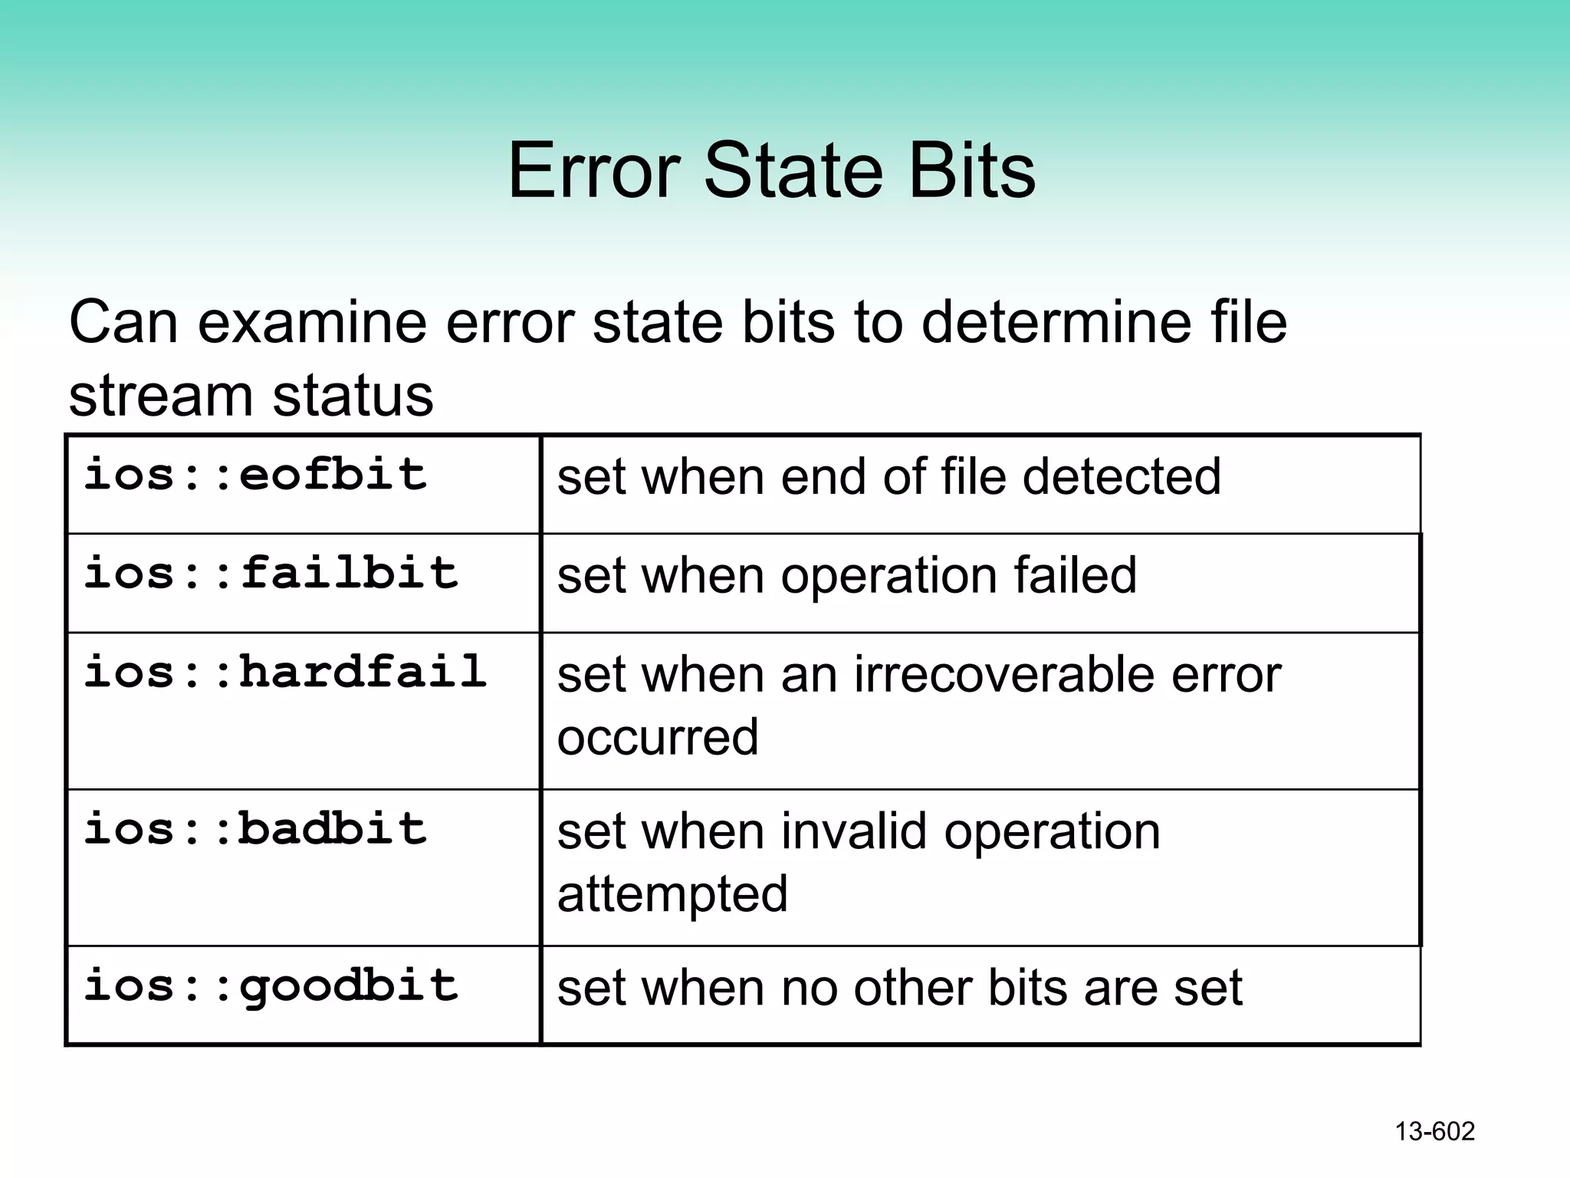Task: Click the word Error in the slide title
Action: [x=594, y=170]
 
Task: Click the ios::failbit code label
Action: [x=271, y=573]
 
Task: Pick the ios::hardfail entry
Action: [x=285, y=672]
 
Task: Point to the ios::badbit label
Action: [x=255, y=829]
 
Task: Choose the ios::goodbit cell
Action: [x=271, y=986]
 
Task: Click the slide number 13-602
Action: [x=1434, y=1131]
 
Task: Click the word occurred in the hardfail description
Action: [x=658, y=737]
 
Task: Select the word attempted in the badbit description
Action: [x=672, y=893]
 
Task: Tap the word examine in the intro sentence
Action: [x=312, y=322]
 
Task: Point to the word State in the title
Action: [x=793, y=170]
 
